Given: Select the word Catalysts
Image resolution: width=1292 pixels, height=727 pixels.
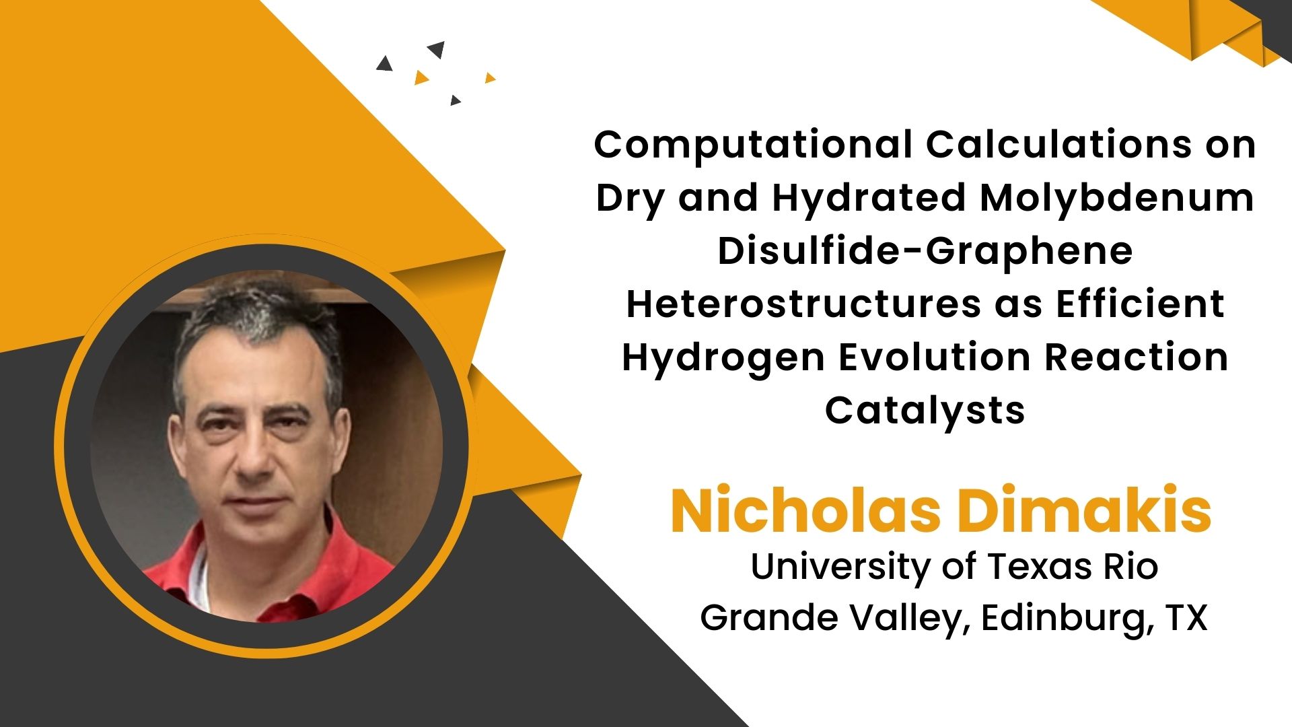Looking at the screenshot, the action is [x=925, y=411].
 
